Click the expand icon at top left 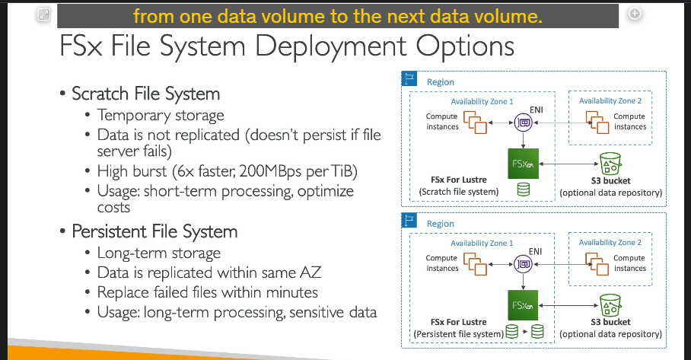click(x=44, y=14)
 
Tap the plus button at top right click(x=635, y=14)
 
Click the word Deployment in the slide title click(x=331, y=46)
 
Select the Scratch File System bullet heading click(x=146, y=94)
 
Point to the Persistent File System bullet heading click(x=154, y=232)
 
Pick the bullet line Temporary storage click(x=161, y=116)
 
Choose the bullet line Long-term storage click(x=158, y=253)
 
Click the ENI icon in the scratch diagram click(x=524, y=123)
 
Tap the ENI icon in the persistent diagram click(x=523, y=264)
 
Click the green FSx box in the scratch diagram click(x=523, y=164)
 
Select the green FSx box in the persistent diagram click(x=523, y=305)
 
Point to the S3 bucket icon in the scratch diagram click(x=610, y=164)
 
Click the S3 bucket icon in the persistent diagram click(x=610, y=305)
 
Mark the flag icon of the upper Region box click(x=409, y=78)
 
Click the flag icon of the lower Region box click(x=409, y=220)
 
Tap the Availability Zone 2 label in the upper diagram click(x=610, y=101)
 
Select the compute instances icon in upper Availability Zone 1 click(x=475, y=122)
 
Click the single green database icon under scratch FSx click(x=523, y=190)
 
